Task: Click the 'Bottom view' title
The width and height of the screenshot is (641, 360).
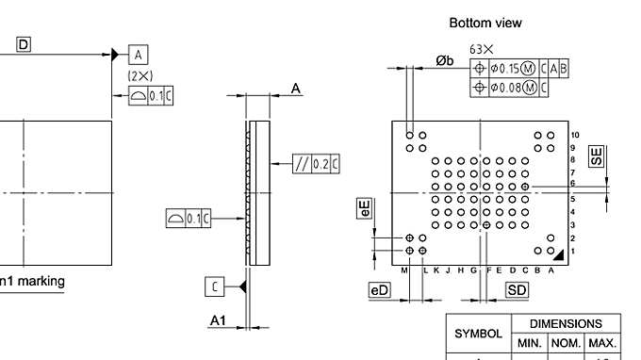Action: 485,23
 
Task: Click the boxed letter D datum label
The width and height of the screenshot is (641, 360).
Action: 24,44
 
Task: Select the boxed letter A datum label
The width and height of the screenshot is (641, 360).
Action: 138,54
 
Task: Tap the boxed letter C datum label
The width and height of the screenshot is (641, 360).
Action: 215,286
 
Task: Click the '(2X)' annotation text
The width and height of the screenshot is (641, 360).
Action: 140,74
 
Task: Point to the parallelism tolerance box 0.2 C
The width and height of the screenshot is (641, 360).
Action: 316,163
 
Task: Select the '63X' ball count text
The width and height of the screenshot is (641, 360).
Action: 483,50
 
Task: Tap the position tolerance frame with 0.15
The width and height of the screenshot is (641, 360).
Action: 519,68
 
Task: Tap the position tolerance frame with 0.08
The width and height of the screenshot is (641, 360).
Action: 510,87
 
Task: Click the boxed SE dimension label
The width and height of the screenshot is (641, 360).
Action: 596,156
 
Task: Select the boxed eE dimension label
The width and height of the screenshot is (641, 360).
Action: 364,208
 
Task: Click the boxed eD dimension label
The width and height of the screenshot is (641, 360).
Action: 379,290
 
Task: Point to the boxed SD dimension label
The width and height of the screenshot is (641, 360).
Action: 518,290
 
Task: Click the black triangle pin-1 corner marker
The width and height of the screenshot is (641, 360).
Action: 559,254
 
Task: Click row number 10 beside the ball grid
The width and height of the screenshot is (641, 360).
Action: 574,137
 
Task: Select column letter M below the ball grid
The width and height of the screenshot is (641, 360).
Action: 403,271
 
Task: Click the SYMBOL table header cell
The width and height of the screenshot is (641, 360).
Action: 477,334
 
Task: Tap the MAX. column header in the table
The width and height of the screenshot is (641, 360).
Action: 602,342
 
